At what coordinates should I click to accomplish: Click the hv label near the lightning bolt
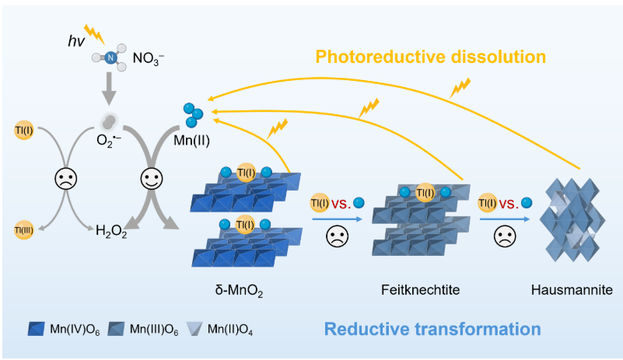pyautogui.click(x=76, y=40)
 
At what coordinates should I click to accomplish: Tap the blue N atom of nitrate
pyautogui.click(x=110, y=58)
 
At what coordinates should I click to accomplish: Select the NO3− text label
pyautogui.click(x=149, y=59)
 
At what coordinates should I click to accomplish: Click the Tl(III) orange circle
pyautogui.click(x=24, y=230)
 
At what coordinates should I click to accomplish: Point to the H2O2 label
pyautogui.click(x=111, y=231)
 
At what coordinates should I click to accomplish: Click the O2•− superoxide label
pyautogui.click(x=108, y=141)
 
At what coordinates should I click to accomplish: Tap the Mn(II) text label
pyautogui.click(x=191, y=140)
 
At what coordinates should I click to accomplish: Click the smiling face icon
pyautogui.click(x=152, y=178)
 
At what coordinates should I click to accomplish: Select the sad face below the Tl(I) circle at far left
pyautogui.click(x=66, y=178)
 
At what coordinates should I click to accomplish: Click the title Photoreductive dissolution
pyautogui.click(x=431, y=57)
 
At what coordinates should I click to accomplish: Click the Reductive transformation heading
pyautogui.click(x=432, y=329)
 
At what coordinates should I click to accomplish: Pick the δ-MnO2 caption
pyautogui.click(x=240, y=291)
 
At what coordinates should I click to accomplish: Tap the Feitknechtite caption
pyautogui.click(x=420, y=290)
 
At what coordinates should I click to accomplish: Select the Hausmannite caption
pyautogui.click(x=572, y=290)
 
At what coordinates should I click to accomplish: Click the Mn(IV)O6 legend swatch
pyautogui.click(x=36, y=329)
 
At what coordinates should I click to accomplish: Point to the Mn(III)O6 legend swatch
pyautogui.click(x=116, y=329)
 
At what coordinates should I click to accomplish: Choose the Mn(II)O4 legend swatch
pyautogui.click(x=194, y=329)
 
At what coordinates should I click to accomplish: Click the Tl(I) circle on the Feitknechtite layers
pyautogui.click(x=425, y=193)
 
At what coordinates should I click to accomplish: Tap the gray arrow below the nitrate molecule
pyautogui.click(x=109, y=89)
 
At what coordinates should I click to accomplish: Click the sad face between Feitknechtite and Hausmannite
pyautogui.click(x=505, y=237)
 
